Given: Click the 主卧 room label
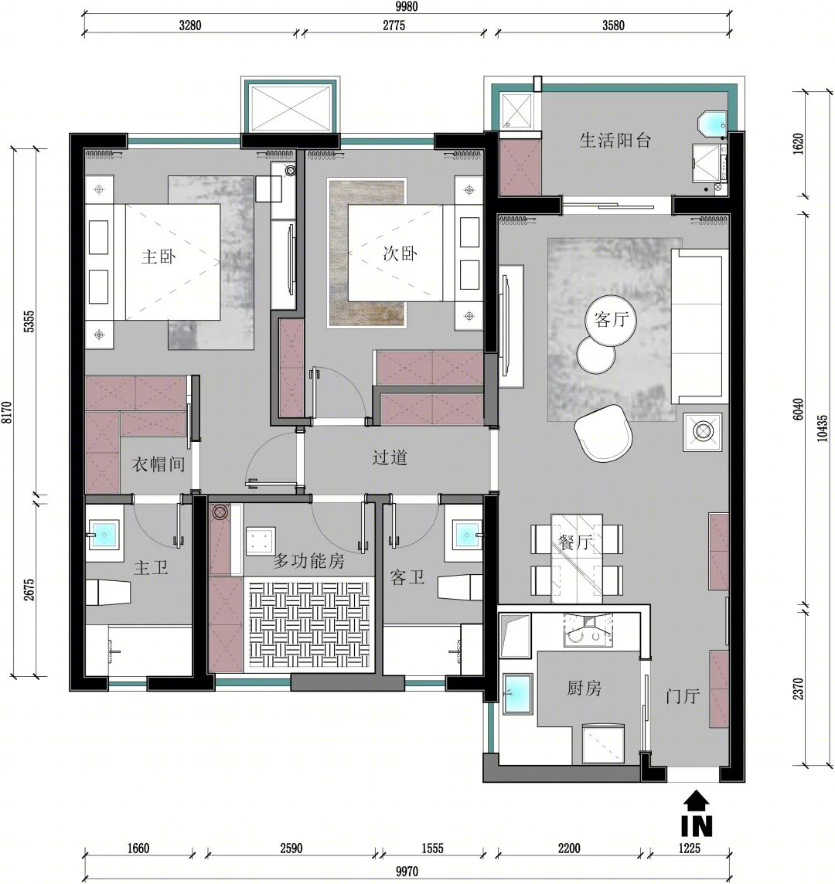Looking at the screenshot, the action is coord(158,257).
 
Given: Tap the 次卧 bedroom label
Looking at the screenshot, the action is coord(400,253).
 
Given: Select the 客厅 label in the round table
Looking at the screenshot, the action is coord(611,320).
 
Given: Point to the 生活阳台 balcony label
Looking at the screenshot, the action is coord(615,140).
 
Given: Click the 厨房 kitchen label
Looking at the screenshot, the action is coord(584,688).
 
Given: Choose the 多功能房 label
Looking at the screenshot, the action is coord(308,560).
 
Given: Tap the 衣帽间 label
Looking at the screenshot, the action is coord(158,464).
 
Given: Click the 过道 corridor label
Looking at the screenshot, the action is coord(390,457).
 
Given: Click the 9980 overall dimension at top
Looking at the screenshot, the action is coord(406,6).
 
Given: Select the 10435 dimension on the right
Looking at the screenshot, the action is coord(822,428).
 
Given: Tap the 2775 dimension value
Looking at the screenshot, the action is coord(394,25).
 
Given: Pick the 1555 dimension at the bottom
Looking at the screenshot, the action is coord(432,848).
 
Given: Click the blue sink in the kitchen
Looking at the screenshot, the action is coord(517,694).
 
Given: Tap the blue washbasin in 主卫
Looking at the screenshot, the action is coord(105,534).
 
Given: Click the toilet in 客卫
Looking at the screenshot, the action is coord(459,586).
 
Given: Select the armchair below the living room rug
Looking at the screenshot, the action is coord(603,433).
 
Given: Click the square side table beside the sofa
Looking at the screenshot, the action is coord(703,432).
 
